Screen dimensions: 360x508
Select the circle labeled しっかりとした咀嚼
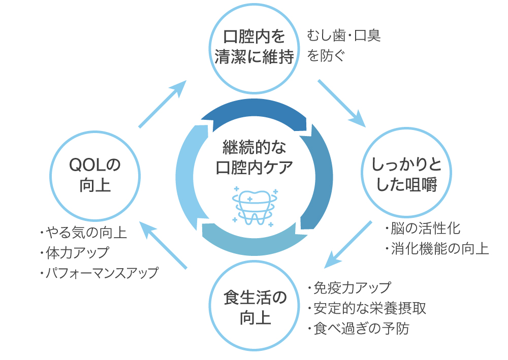click(x=405, y=174)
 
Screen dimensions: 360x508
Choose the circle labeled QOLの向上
click(x=96, y=174)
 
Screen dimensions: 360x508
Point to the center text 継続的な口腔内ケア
click(x=254, y=157)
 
